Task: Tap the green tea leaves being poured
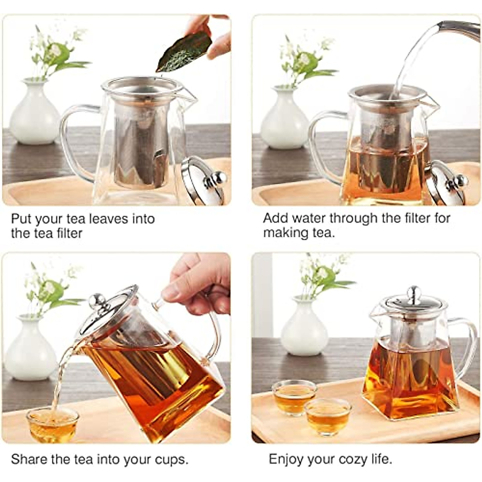pyautogui.click(x=184, y=52)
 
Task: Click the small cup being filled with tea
pyautogui.click(x=52, y=424)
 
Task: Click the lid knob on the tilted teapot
pyautogui.click(x=97, y=301)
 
